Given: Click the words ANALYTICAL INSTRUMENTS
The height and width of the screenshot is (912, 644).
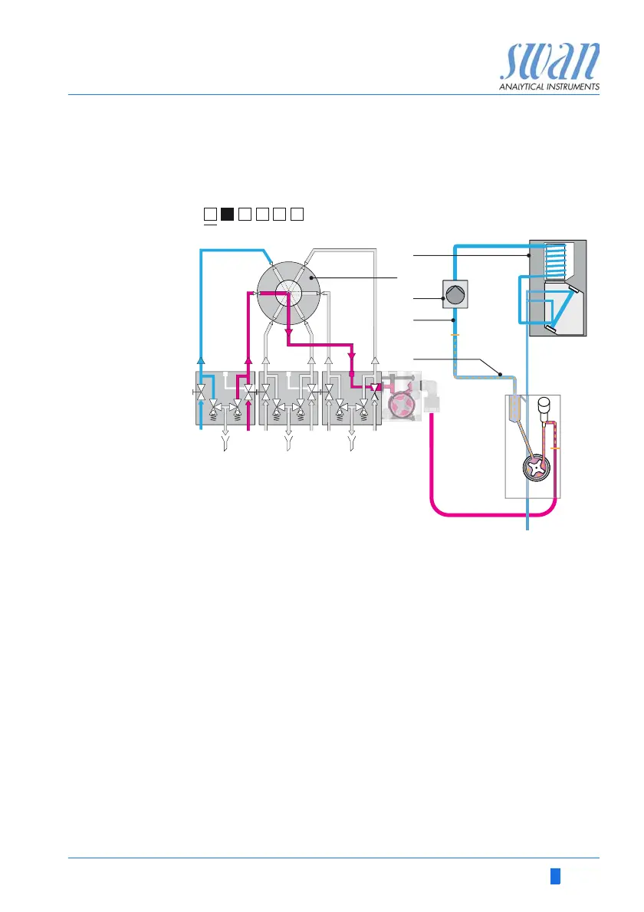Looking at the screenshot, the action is [x=549, y=87].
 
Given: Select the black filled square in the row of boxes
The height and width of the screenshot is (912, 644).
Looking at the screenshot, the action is [x=227, y=214].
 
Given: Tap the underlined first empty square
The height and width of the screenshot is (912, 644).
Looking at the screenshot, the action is [x=209, y=214].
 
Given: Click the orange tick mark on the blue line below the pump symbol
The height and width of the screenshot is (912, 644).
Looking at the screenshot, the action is [x=455, y=335].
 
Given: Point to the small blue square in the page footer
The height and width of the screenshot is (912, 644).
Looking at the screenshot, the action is [x=554, y=875].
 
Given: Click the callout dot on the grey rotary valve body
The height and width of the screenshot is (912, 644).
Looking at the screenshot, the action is [x=311, y=282].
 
